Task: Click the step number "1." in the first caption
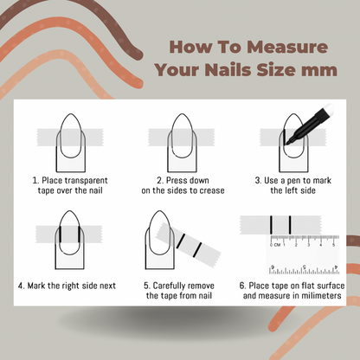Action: click(x=35, y=181)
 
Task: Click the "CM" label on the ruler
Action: click(x=280, y=247)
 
